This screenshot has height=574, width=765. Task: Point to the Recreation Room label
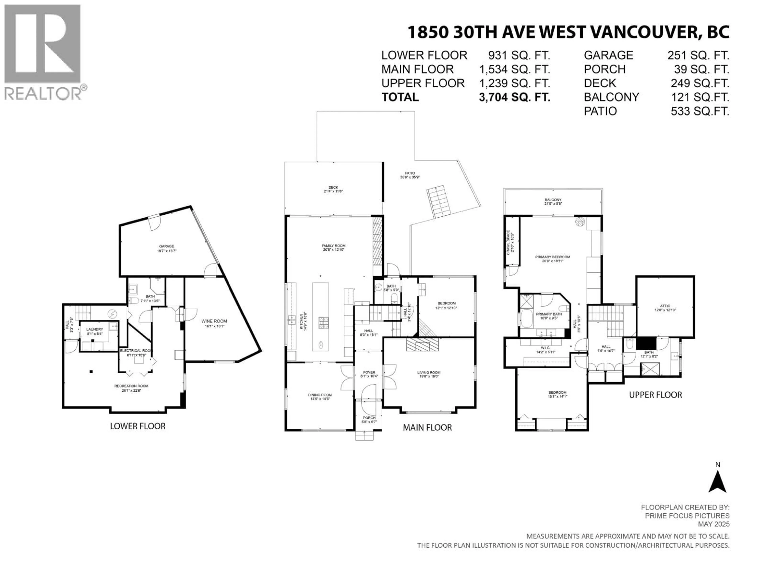point(131,386)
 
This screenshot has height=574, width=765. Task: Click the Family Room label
point(333,246)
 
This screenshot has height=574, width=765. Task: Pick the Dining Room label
point(320,395)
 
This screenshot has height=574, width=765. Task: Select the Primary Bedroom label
point(553,257)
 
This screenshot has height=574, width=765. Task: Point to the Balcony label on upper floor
point(553,200)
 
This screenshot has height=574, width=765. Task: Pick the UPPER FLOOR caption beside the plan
point(655,395)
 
